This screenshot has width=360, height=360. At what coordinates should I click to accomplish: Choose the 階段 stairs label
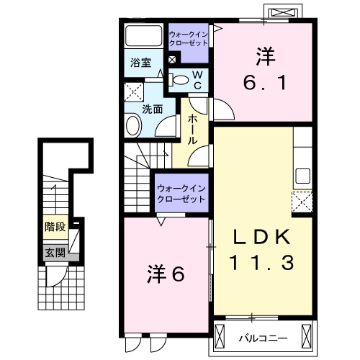click(x=54, y=227)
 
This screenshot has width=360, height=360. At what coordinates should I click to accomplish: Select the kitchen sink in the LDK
click(x=303, y=176)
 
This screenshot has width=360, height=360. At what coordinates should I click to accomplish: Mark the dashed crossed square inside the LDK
click(x=301, y=201)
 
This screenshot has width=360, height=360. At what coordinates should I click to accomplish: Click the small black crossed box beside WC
click(x=171, y=60)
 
